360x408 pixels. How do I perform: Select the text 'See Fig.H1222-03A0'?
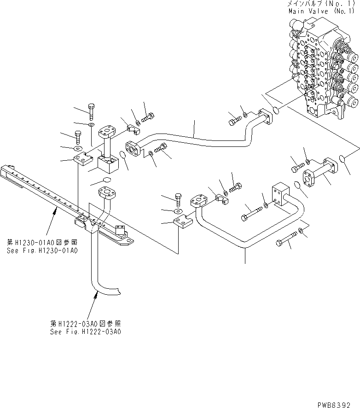coord(86,331)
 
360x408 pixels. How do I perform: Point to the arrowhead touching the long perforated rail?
coord(56,210)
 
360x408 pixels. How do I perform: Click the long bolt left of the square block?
coord(250,213)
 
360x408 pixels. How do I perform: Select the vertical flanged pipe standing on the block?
coord(107,141)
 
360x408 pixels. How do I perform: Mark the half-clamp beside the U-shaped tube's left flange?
coord(222,198)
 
